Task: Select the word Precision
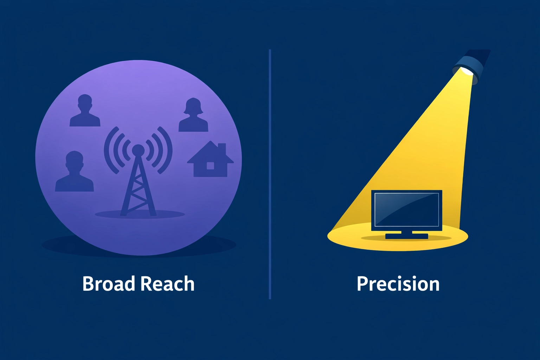point(398,284)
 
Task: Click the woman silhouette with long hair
point(193,116)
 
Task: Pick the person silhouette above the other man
point(85,111)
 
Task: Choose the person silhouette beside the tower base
point(75,172)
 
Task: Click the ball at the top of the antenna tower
point(138,150)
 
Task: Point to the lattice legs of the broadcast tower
point(138,190)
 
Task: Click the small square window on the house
point(210,165)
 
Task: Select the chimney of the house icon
point(222,148)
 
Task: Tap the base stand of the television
point(406,236)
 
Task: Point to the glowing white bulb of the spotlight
point(467,71)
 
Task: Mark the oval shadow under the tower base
point(105,214)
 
